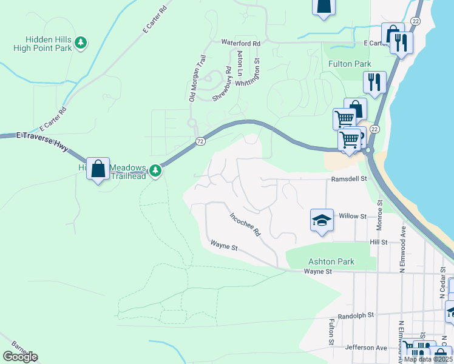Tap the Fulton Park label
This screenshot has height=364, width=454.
click(350, 64)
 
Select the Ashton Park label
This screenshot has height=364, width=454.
click(331, 261)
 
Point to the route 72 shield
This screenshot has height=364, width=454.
click(200, 141)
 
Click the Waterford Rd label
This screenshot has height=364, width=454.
click(240, 43)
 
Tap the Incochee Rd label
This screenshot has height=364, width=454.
click(245, 224)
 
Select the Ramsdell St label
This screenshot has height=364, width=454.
click(350, 179)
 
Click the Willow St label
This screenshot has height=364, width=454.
click(353, 216)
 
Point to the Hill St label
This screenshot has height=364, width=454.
click(379, 241)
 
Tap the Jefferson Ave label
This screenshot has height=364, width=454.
click(366, 348)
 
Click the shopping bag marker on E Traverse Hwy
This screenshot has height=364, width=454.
click(98, 169)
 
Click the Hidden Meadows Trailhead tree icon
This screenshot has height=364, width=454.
click(156, 170)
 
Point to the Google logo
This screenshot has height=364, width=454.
click(20, 357)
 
